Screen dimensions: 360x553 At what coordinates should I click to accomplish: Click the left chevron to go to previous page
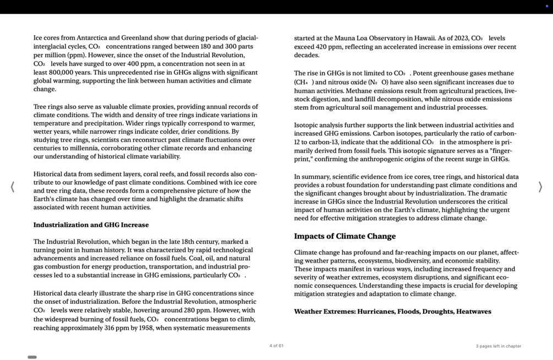point(12,187)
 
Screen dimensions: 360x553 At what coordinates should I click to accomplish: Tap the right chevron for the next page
point(540,187)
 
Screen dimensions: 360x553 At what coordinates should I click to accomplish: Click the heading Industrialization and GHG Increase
point(91,225)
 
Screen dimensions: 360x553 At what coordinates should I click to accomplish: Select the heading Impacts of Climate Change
point(344,236)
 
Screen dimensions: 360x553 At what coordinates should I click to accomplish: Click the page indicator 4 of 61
point(276,346)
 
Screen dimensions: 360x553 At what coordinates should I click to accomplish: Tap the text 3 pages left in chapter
point(498,346)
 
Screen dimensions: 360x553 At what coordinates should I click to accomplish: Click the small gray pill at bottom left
point(32,357)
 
